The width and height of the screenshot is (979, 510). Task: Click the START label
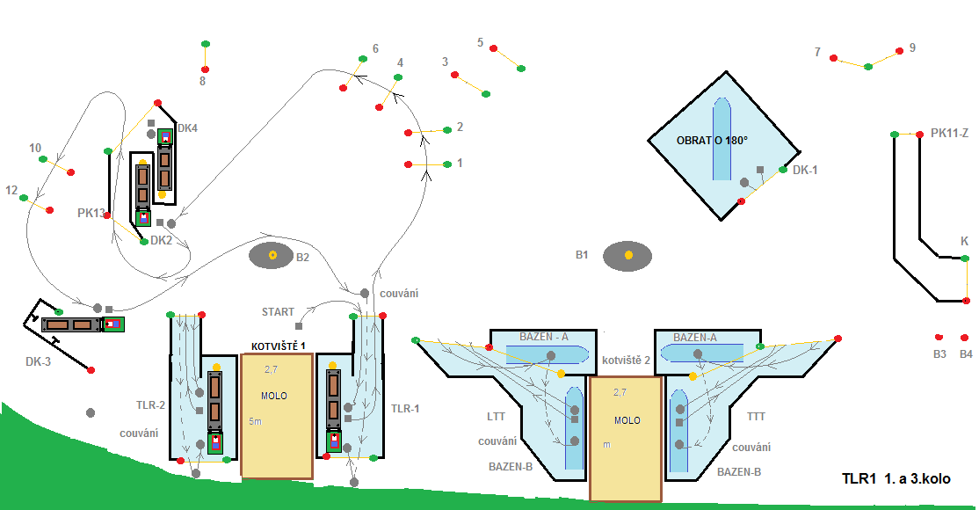point(278,312)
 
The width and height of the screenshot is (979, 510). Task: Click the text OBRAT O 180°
point(711,141)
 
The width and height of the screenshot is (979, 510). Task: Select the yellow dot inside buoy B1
point(628,255)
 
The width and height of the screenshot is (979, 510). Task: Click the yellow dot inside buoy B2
point(272,255)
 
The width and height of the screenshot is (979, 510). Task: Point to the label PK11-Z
point(949,134)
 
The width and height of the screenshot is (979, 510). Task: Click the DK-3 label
point(39,361)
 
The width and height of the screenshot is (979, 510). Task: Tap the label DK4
point(187,128)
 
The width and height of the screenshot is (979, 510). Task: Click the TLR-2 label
point(150,405)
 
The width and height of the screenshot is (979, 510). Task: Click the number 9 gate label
point(912,47)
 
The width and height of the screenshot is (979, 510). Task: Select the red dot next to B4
point(964,337)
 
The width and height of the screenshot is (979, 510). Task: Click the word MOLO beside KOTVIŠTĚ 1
point(274,396)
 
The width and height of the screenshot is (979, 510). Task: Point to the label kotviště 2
point(626,361)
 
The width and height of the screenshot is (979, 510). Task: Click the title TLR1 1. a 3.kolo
point(896,479)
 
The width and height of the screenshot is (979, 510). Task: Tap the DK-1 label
point(805,170)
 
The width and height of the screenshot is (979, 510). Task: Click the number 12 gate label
point(11,190)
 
